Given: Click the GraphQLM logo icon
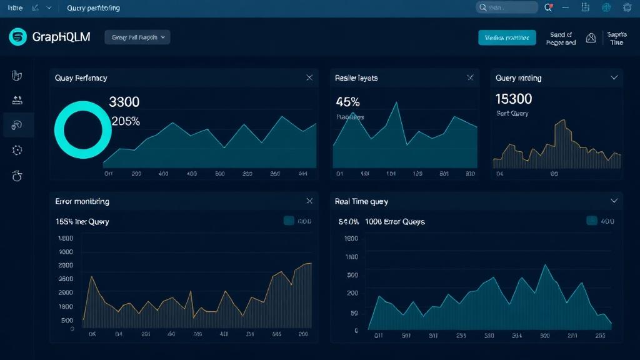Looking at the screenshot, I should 18,37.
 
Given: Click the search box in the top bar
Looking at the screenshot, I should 507,7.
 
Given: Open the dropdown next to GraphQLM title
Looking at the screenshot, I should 137,37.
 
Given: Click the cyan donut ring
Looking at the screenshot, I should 79,129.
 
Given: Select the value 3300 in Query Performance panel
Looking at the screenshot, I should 124,101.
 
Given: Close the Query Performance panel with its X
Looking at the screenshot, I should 309,77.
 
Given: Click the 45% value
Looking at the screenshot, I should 347,101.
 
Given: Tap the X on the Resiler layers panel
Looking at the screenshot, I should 470,77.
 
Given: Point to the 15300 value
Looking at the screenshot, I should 514,99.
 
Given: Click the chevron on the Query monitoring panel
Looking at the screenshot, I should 614,77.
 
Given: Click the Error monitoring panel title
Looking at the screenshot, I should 82,201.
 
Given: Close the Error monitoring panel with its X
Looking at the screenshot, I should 309,201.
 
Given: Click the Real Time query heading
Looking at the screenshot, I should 361,201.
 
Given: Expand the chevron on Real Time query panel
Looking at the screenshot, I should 614,201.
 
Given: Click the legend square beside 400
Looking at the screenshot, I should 591,221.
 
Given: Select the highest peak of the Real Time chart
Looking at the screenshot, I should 545,265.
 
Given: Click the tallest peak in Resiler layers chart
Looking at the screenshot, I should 396,102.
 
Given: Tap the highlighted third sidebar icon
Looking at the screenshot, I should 17,125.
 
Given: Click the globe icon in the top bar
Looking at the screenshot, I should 606,7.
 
